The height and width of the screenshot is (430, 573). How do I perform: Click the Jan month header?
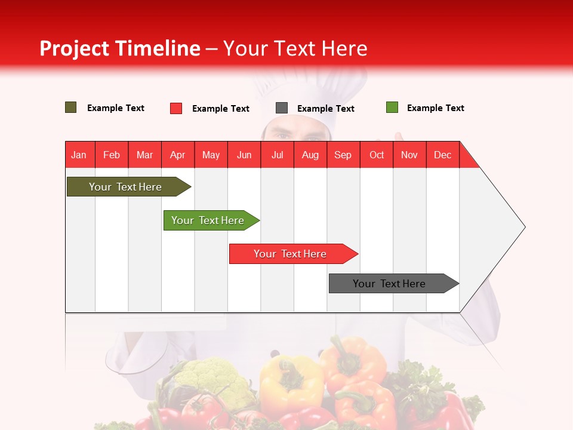(x=79, y=155)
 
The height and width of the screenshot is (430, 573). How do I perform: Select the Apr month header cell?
(x=178, y=155)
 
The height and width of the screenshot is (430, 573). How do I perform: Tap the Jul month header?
(x=278, y=155)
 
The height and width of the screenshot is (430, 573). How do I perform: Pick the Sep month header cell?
(x=343, y=155)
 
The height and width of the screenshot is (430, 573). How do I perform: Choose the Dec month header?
(x=442, y=155)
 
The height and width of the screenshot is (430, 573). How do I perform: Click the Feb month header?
(x=112, y=155)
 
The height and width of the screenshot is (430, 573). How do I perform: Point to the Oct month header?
(x=377, y=155)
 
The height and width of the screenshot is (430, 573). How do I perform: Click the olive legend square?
(x=71, y=107)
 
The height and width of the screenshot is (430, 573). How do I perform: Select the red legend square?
(x=176, y=108)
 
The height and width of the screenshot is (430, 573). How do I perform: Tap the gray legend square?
(x=282, y=108)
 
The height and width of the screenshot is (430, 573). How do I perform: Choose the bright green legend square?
(x=392, y=107)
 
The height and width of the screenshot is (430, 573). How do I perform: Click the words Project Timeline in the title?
(x=120, y=48)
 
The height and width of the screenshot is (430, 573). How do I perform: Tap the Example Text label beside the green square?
(x=435, y=108)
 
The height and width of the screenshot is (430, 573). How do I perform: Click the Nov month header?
(x=409, y=155)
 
